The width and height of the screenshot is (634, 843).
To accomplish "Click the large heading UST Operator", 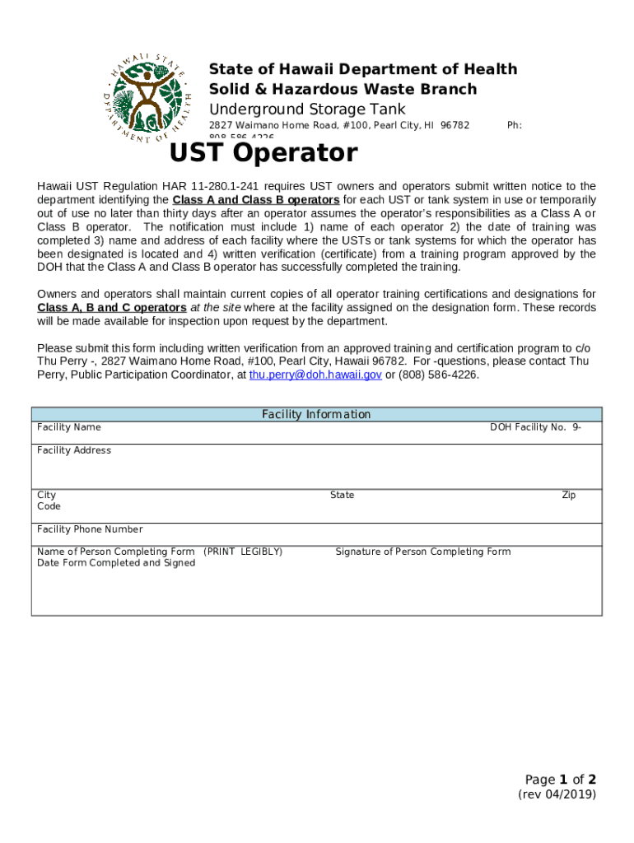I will click(x=263, y=153).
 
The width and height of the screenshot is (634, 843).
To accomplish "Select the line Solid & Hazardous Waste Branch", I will click(x=343, y=89).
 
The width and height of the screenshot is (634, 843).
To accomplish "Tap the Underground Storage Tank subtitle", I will click(x=307, y=109).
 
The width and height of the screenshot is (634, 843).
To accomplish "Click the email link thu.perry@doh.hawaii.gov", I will click(x=315, y=374).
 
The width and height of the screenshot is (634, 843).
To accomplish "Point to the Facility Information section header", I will click(x=316, y=414).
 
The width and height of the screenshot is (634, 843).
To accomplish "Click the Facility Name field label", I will click(x=69, y=427).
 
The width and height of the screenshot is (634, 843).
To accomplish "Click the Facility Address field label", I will click(x=74, y=450).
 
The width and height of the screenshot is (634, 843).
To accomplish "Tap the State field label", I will click(x=342, y=495).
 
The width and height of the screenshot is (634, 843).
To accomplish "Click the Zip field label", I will click(x=568, y=495).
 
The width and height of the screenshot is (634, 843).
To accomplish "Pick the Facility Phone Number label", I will click(x=90, y=529).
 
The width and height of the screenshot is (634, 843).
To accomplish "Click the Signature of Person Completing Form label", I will click(x=422, y=552).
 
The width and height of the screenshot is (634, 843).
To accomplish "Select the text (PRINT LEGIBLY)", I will click(x=242, y=552).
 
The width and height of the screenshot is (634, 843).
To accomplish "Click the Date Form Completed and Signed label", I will click(x=116, y=563).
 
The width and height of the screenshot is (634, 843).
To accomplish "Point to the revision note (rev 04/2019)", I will click(x=557, y=794).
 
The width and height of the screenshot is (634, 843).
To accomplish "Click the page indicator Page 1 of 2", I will click(x=560, y=779).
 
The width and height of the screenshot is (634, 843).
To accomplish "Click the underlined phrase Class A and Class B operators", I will click(x=256, y=200).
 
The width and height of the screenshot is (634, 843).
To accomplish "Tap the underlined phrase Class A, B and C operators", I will click(x=112, y=307).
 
